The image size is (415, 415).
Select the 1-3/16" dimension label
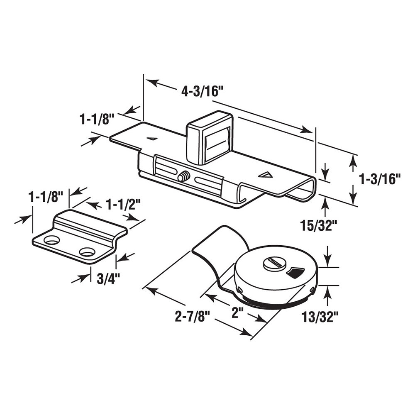coord(380,179)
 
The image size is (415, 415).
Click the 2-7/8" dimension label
coord(191,318)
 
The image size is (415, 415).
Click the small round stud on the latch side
coord(182,177)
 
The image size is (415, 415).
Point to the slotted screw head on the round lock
coord(272,263)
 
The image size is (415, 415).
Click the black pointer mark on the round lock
coord(295,272)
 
